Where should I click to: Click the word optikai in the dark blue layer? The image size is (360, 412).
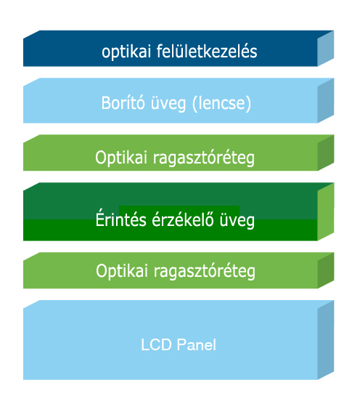click(126, 52)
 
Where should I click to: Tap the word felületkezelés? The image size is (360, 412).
click(207, 51)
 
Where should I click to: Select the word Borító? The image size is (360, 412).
click(123, 102)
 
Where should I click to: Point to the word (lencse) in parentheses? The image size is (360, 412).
click(221, 103)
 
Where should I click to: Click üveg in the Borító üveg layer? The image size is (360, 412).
click(168, 103)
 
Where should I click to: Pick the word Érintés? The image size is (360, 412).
click(120, 219)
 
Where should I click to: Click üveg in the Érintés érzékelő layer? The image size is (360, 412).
click(237, 221)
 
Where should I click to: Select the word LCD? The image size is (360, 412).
click(156, 344)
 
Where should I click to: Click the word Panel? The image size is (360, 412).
click(197, 344)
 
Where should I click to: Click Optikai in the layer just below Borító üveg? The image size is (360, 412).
click(121, 158)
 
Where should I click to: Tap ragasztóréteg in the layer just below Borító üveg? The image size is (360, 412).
click(204, 158)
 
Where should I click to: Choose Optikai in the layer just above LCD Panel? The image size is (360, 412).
click(122, 271)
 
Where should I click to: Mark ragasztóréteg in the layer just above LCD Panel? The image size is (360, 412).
click(205, 272)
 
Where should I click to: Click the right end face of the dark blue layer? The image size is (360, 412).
click(326, 49)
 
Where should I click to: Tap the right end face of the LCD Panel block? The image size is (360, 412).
click(326, 340)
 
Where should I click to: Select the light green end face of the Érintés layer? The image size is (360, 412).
click(326, 211)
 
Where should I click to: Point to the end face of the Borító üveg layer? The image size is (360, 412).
click(326, 100)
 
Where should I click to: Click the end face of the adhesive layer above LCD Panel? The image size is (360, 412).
click(326, 270)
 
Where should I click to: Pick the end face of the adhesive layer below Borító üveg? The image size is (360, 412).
click(326, 153)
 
